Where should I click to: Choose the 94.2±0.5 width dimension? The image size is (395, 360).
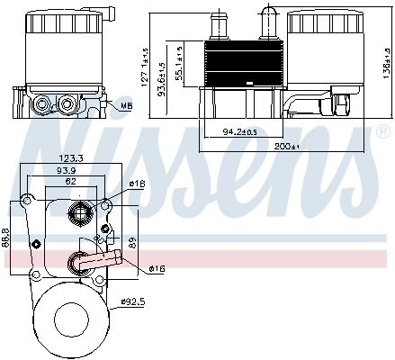[x=238, y=132]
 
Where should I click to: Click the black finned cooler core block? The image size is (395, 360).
[x=238, y=63]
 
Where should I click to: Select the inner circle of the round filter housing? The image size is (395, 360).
[x=65, y=319]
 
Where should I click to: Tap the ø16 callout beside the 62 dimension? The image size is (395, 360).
[x=135, y=184]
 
